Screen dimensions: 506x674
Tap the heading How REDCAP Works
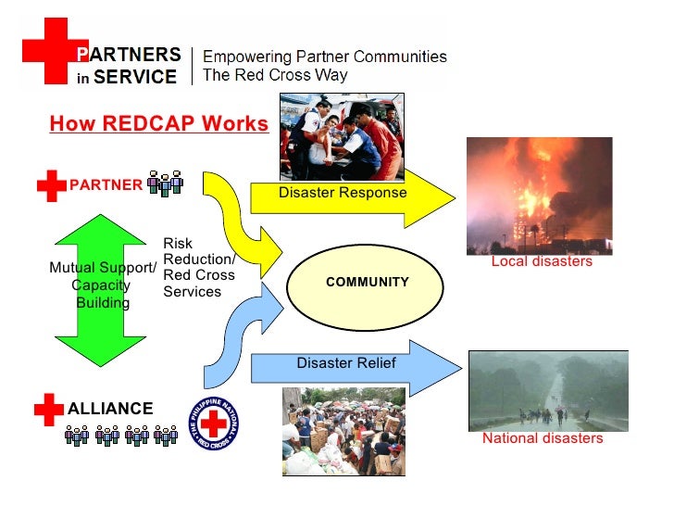pyautogui.click(x=158, y=124)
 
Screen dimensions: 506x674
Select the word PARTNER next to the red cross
pyautogui.click(x=106, y=184)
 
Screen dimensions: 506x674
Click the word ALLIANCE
pyautogui.click(x=110, y=409)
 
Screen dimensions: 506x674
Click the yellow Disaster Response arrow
pyautogui.click(x=352, y=196)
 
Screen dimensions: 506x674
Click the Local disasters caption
pyautogui.click(x=541, y=262)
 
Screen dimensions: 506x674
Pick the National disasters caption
pyautogui.click(x=542, y=438)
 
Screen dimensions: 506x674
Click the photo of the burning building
pyautogui.click(x=539, y=196)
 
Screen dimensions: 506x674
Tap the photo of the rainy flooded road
pyautogui.click(x=548, y=388)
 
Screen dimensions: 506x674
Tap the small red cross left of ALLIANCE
pyautogui.click(x=48, y=408)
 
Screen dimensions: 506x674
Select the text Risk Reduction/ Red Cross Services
pyautogui.click(x=198, y=268)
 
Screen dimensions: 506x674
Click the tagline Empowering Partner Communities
pyautogui.click(x=324, y=57)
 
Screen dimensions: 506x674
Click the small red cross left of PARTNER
pyautogui.click(x=52, y=185)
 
